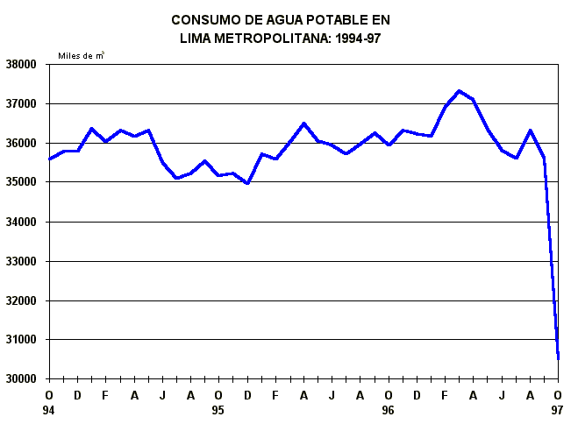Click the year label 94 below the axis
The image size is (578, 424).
pos(49,410)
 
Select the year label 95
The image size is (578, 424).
pos(218,410)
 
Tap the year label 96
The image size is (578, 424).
pos(389,410)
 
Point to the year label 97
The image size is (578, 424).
pos(558,410)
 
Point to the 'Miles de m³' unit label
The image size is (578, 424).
pos(82,55)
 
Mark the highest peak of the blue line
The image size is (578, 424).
pos(459,90)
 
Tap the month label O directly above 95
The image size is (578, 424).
pos(218,395)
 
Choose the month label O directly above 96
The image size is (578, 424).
pos(389,395)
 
